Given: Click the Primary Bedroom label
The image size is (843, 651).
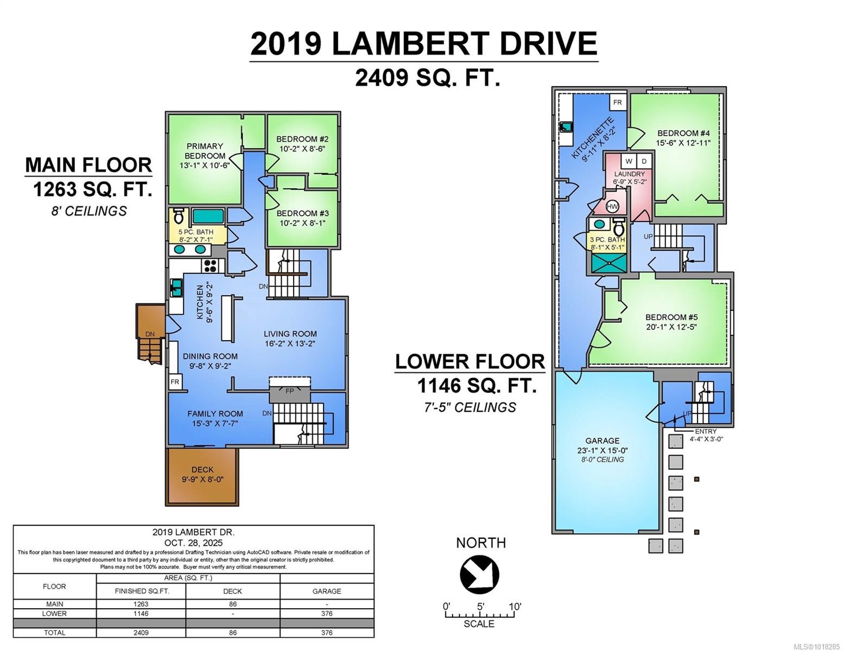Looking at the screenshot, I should tap(205, 151).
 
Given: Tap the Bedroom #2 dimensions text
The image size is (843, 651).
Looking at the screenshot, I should tap(302, 149).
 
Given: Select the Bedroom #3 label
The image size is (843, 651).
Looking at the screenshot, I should tap(302, 213).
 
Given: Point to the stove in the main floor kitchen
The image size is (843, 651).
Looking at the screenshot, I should tap(210, 266).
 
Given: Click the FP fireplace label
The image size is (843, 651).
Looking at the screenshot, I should tap(290, 391).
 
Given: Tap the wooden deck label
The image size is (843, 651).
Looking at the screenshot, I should tap(202, 470).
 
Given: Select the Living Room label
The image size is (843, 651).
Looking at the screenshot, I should tap(290, 334).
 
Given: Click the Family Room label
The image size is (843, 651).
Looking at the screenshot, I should tap(215, 414).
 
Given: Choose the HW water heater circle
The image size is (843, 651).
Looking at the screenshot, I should tap(612, 207).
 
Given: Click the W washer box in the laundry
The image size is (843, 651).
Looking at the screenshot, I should tap(629, 161).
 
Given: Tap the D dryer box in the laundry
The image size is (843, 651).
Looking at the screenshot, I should tap(644, 161).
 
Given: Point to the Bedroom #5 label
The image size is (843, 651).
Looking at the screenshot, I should tap(671, 317).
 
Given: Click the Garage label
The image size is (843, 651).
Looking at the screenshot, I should tap(602, 441).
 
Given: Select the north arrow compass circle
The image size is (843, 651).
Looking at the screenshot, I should tap(480, 575).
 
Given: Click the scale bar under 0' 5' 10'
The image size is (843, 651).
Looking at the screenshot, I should tap(480, 615).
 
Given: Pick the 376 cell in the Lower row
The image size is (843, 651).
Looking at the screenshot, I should tap(326, 614).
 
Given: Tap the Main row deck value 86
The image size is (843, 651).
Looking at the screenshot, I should tap(232, 604).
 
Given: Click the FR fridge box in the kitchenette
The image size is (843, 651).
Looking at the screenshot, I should tap(617, 103).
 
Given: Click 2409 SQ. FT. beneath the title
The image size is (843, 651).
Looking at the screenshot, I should tap(427, 78).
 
